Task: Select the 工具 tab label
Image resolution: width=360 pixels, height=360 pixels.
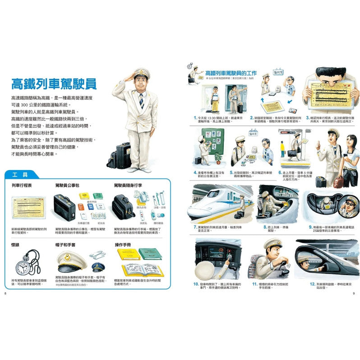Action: (21, 174)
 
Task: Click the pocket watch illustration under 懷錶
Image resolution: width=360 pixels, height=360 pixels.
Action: (25, 265)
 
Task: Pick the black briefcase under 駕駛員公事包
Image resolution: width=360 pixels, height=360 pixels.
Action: (64, 207)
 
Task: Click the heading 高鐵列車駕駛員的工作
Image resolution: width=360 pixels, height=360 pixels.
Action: (230, 73)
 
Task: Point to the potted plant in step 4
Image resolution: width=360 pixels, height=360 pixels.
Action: (219, 158)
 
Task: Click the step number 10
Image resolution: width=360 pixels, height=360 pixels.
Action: (196, 284)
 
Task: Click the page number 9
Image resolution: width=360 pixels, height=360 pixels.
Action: (354, 294)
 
